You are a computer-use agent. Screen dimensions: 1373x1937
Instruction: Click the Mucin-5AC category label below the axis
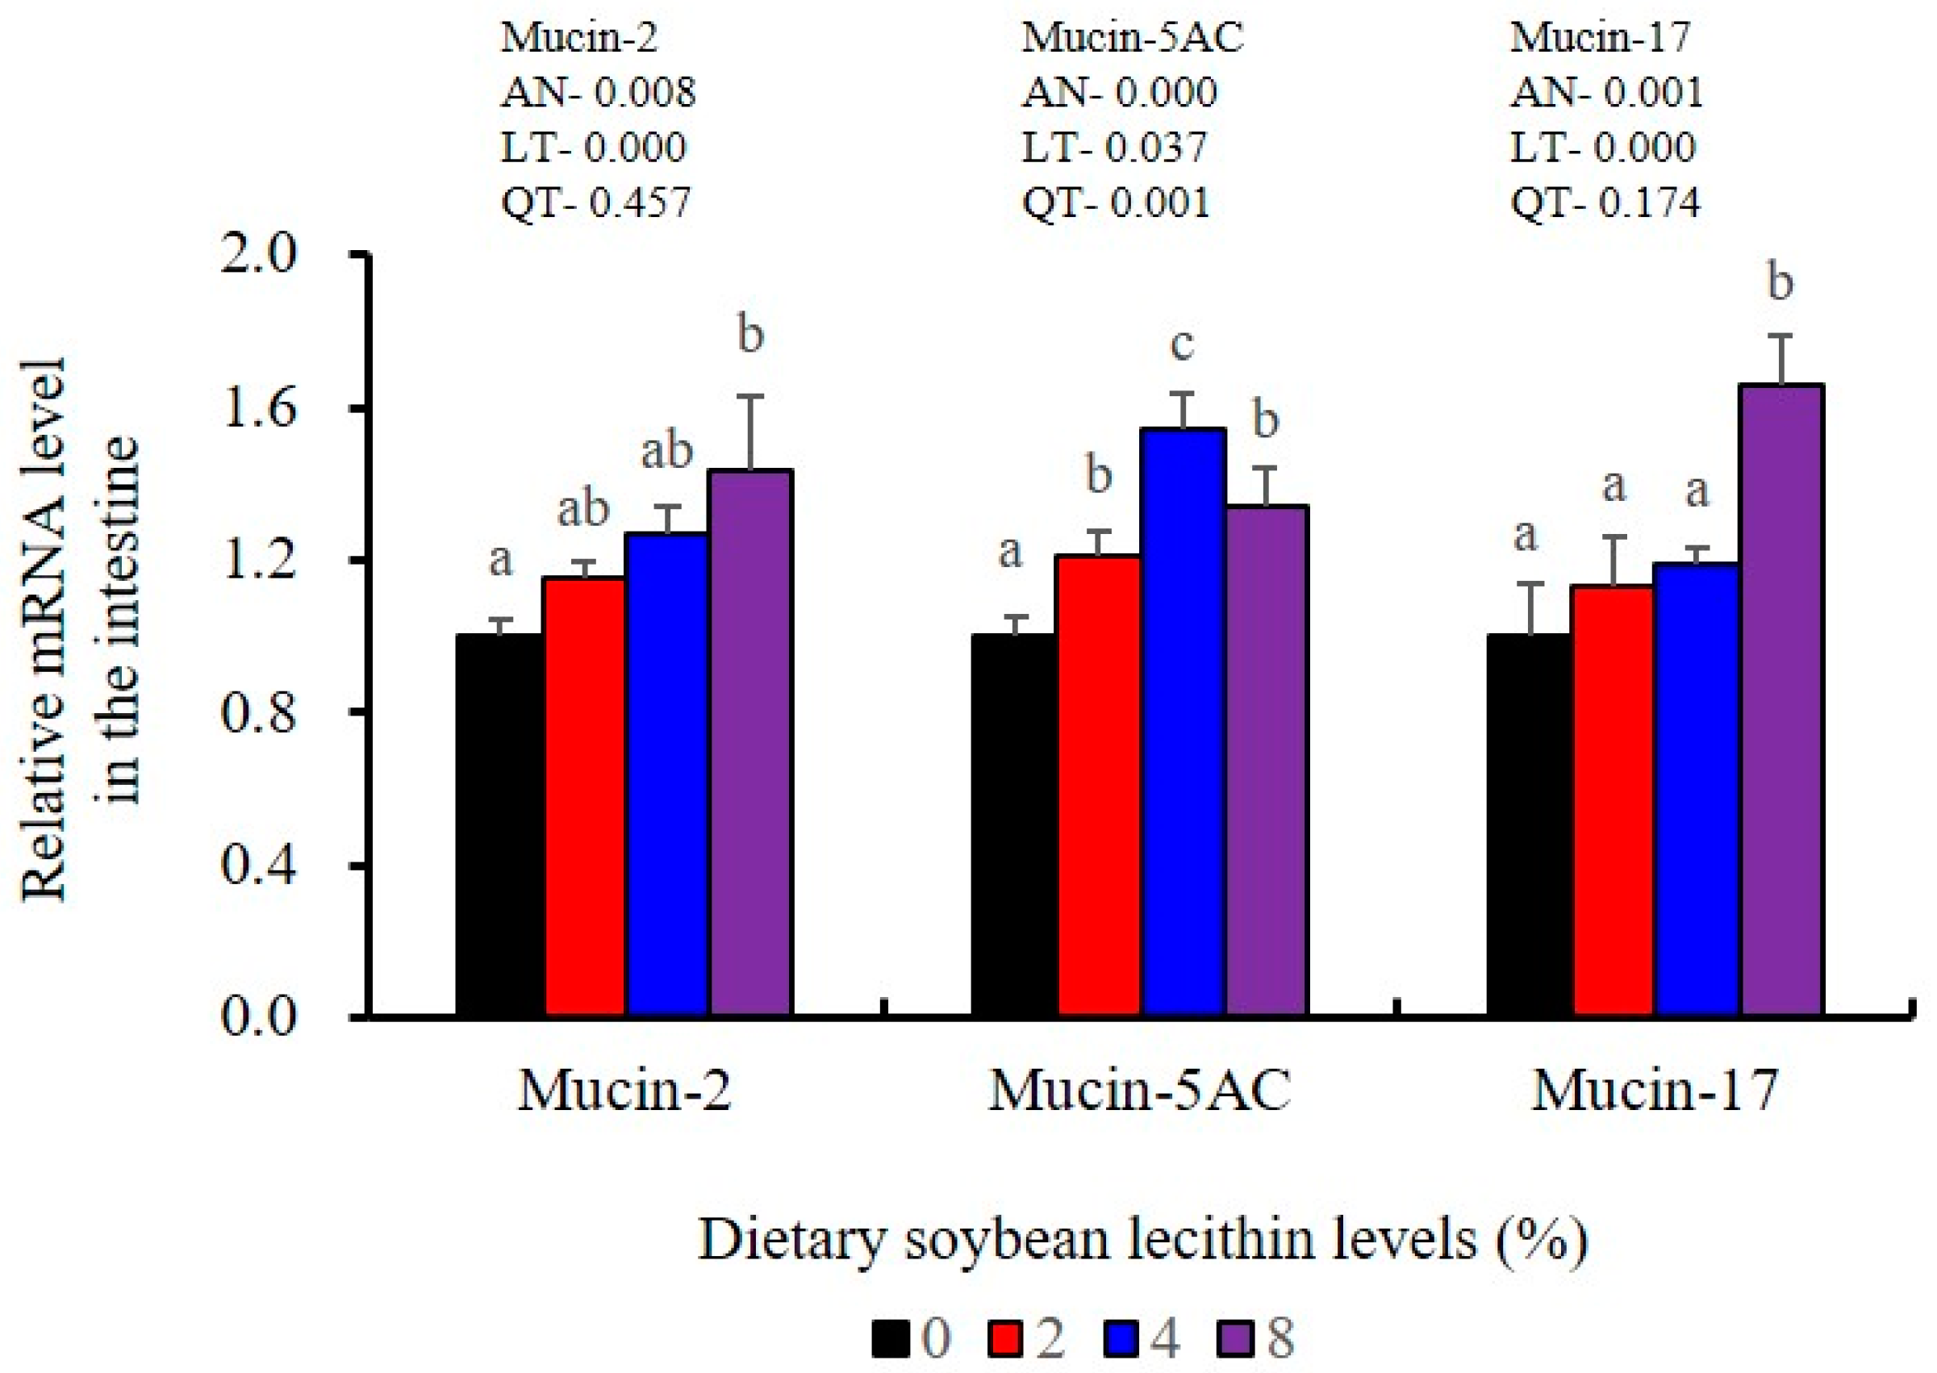1140,1091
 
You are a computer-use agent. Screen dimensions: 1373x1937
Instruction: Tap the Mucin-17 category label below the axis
1655,1091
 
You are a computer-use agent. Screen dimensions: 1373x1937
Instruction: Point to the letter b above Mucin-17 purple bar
1780,282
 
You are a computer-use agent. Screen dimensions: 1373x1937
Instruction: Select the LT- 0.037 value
1114,148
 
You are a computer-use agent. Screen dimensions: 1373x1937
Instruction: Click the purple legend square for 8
1237,1338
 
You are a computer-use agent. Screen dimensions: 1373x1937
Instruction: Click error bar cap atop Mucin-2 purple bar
750,395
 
